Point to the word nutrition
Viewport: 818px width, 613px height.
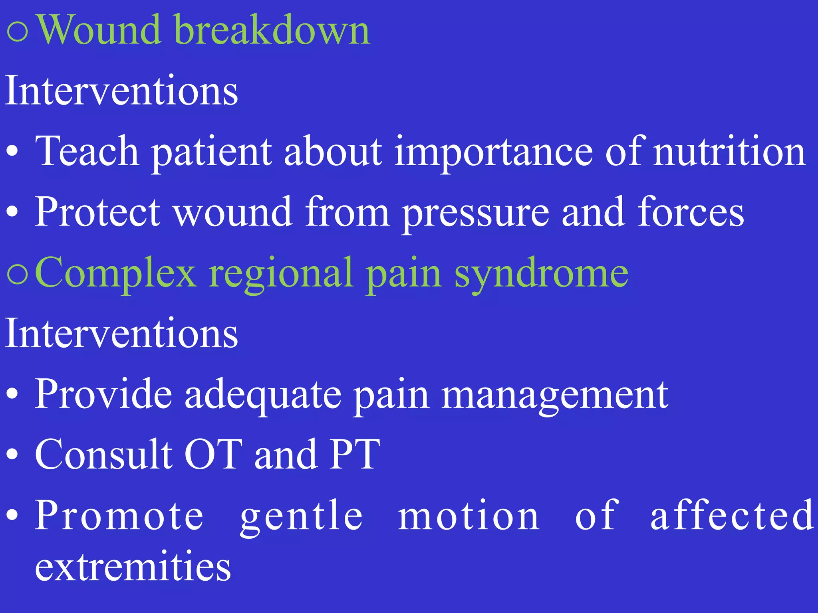click(729, 152)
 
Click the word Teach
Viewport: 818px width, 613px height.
click(87, 152)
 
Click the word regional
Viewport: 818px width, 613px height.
click(281, 275)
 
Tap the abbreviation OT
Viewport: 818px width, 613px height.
click(213, 455)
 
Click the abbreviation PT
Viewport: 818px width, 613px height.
click(355, 455)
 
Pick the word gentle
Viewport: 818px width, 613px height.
click(302, 516)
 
